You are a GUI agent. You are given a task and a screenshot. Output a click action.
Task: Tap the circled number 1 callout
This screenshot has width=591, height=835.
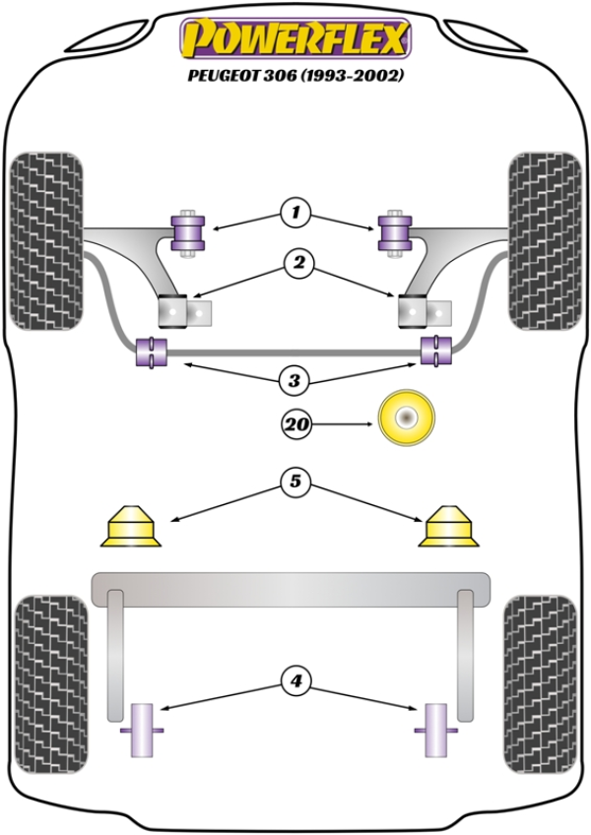294,212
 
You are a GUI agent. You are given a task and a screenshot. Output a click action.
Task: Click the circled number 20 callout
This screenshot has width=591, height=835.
296,425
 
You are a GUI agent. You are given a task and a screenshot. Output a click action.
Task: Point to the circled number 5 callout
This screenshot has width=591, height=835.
294,482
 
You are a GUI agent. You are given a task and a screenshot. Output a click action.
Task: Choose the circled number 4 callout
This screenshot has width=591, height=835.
294,679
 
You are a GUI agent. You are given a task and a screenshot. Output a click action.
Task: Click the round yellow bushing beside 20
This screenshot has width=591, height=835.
406,418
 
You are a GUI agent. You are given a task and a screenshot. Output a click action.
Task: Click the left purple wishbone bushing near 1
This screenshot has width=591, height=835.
187,231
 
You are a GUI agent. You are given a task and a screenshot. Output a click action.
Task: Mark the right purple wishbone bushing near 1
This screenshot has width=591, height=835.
395,231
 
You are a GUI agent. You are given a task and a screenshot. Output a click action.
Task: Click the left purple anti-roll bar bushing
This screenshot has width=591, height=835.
152,351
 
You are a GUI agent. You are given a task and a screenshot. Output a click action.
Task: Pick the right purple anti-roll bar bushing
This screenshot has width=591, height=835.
435,350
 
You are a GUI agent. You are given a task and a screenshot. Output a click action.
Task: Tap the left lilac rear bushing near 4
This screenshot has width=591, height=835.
144,730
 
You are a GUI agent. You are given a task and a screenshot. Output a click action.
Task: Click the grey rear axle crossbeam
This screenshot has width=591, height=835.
291,588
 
